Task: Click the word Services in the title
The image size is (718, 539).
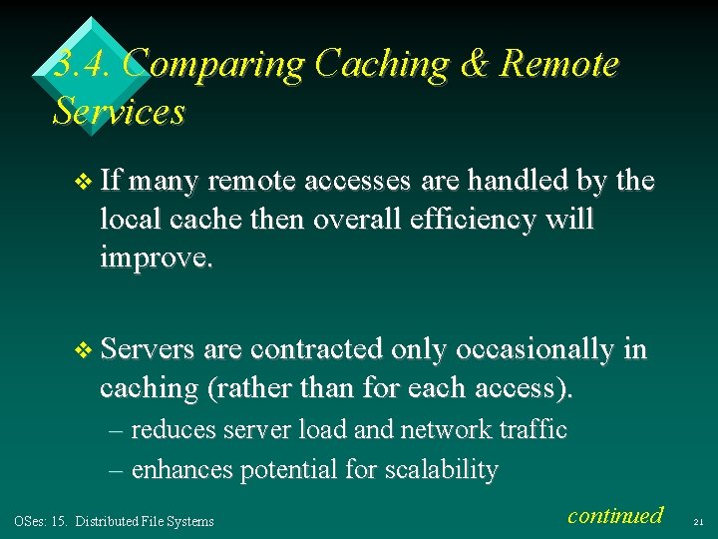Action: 119,111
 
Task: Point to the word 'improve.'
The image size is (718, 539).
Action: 156,259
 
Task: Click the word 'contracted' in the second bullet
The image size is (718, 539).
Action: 317,349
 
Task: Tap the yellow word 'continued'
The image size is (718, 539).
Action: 614,515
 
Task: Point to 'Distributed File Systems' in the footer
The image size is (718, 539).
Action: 145,521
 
